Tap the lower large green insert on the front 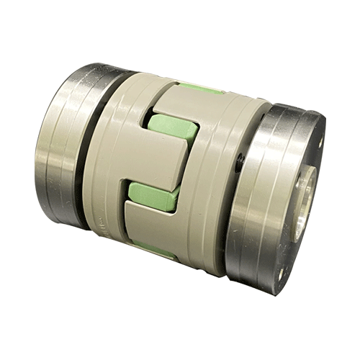[154, 194]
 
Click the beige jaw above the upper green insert [173, 97]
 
